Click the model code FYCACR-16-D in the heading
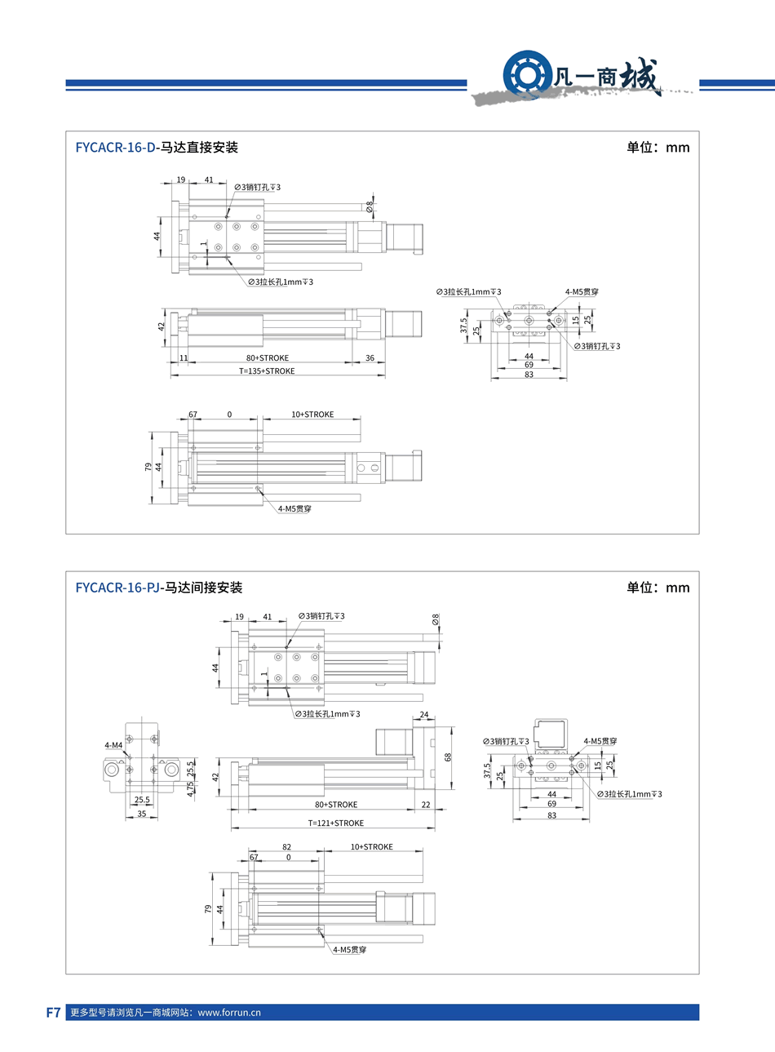[115, 147]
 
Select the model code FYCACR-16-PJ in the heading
[117, 587]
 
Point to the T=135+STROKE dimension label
[267, 371]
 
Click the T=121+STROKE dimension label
[335, 823]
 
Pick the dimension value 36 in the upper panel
[370, 357]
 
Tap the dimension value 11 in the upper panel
[184, 357]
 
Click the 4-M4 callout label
[113, 745]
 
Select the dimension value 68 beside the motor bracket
[447, 757]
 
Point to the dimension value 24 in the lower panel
[424, 714]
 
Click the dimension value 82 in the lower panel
[287, 847]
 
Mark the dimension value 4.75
[190, 789]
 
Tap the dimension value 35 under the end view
[142, 814]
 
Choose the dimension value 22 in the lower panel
[426, 805]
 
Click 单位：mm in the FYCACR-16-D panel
[658, 148]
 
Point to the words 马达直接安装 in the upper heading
[198, 147]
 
